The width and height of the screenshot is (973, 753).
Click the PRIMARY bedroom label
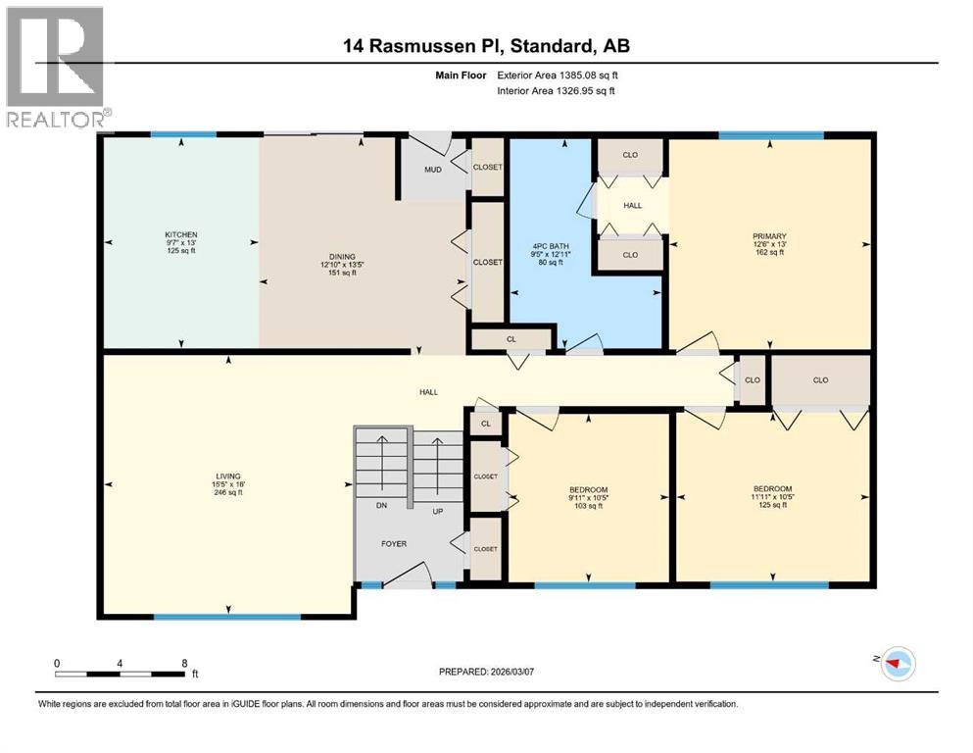point(769,235)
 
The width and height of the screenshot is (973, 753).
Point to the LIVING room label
point(228,477)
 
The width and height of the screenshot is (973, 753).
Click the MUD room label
point(432,170)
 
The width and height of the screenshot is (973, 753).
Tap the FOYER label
point(395,543)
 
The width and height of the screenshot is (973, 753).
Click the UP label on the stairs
point(439,512)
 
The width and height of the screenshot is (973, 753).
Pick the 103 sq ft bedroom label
point(589,489)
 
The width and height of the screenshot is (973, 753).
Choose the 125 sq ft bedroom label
point(772,488)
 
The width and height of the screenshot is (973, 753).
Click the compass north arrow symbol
point(897,663)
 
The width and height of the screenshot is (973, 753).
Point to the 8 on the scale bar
point(184,663)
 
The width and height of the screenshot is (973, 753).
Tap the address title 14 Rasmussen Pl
point(486,46)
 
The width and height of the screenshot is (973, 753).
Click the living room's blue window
point(226,617)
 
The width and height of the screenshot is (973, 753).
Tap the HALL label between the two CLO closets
point(632,205)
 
